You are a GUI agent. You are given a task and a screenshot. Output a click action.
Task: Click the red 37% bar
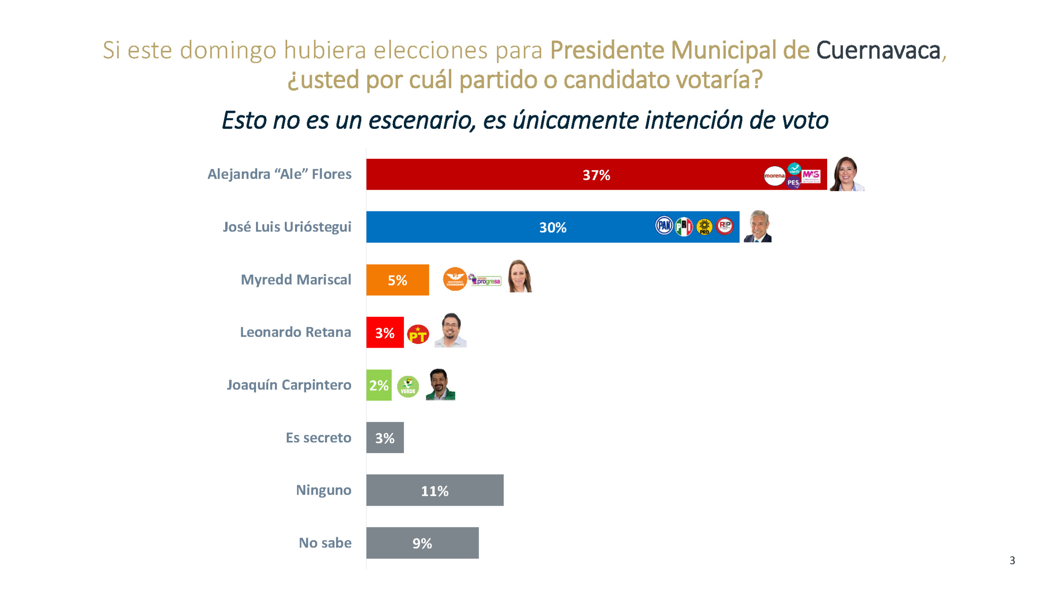coord(534,174)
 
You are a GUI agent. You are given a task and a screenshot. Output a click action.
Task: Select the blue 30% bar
coord(493,227)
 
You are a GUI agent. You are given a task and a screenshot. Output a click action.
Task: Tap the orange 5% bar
coord(397,279)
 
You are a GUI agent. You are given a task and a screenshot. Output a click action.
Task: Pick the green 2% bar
coord(378,385)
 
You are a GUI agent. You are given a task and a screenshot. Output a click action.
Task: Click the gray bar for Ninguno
coord(434,490)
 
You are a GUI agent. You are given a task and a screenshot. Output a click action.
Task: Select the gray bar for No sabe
coord(422,543)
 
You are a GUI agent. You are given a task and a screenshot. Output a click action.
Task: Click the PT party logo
coord(418,334)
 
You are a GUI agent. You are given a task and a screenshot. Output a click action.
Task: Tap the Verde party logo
coord(408,386)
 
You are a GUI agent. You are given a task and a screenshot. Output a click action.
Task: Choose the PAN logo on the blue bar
coord(664,225)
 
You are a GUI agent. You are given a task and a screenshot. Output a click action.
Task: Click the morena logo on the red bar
coord(774,176)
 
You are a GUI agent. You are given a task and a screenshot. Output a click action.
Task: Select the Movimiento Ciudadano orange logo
coord(454,279)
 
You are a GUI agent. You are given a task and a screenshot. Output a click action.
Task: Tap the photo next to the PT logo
coord(450,330)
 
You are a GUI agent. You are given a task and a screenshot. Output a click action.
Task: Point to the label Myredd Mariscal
coord(296,279)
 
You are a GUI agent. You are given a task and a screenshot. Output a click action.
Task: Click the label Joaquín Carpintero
coord(289,385)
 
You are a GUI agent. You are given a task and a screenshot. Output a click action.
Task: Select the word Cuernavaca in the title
coord(878,50)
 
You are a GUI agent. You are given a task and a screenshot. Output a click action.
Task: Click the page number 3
coord(1012,560)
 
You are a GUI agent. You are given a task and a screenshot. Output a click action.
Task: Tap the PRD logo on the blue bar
coord(704,227)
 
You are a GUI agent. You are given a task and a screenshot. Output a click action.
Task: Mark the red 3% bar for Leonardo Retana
coord(385,332)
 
